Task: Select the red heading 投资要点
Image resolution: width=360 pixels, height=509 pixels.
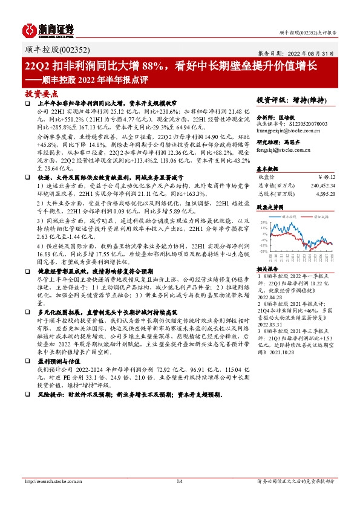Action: click(x=41, y=94)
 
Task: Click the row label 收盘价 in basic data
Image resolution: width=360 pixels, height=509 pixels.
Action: click(x=266, y=177)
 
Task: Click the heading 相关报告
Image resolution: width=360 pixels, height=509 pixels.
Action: click(x=267, y=268)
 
